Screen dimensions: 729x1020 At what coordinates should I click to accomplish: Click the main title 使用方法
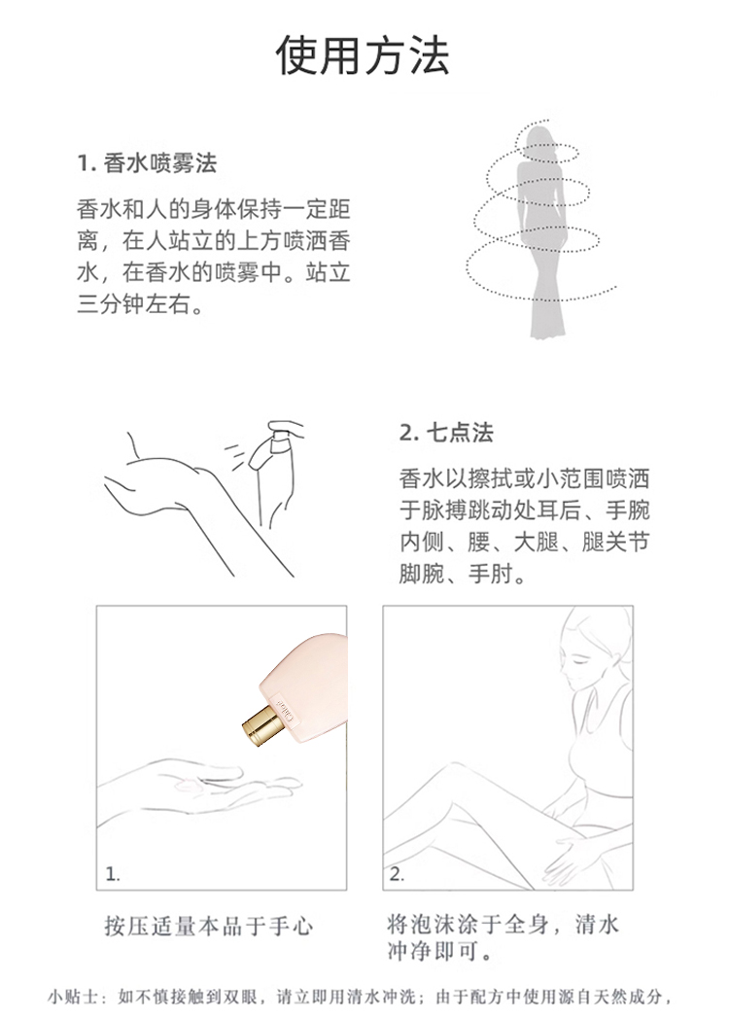(x=363, y=55)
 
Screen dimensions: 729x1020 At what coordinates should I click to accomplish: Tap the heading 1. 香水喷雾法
(x=147, y=163)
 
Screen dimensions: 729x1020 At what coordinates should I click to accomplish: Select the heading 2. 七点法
(x=447, y=433)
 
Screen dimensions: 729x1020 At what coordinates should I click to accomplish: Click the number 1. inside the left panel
(x=113, y=874)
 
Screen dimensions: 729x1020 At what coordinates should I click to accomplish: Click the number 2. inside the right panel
(x=397, y=874)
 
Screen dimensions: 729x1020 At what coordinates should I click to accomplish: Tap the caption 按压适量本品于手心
(x=209, y=926)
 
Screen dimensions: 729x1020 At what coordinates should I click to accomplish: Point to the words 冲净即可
(x=440, y=951)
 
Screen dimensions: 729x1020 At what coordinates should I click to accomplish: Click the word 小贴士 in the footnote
(x=73, y=997)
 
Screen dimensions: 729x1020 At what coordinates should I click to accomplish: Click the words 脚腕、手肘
(x=463, y=574)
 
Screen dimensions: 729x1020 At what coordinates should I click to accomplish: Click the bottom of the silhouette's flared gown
(x=546, y=332)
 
